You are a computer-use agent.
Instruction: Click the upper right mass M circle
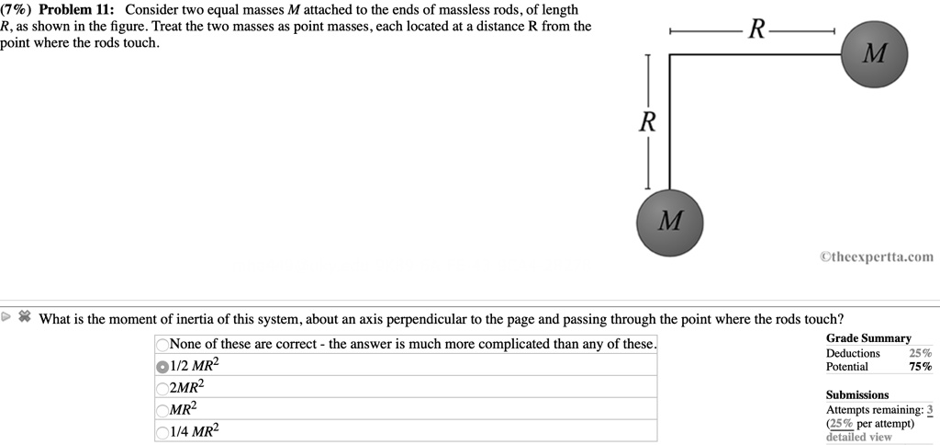tap(875, 54)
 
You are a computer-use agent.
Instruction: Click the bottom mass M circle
tap(671, 221)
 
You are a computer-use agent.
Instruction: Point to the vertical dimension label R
tap(647, 121)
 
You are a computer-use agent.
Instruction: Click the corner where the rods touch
tap(670, 56)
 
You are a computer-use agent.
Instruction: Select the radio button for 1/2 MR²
tap(163, 365)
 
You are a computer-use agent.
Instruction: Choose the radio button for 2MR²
tap(163, 386)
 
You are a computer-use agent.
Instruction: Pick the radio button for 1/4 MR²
tap(163, 430)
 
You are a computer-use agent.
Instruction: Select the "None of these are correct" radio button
tap(163, 345)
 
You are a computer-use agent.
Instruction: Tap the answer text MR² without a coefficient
tap(184, 407)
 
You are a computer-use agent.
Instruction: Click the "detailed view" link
tap(858, 437)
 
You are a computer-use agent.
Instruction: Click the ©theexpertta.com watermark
tap(876, 257)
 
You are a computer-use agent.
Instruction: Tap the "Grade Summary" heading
tap(868, 338)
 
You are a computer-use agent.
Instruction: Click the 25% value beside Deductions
tap(920, 353)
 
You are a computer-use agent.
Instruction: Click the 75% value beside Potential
tap(920, 367)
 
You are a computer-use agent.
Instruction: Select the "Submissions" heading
tap(857, 394)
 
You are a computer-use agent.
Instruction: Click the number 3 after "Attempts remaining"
tap(929, 410)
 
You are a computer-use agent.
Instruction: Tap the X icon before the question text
tap(25, 318)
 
